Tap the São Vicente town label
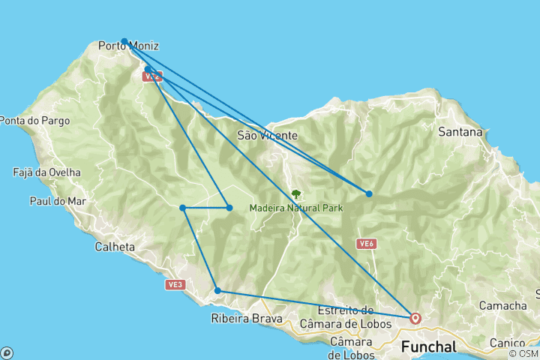pyautogui.click(x=268, y=136)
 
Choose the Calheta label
pyautogui.click(x=115, y=246)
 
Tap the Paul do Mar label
pyautogui.click(x=58, y=201)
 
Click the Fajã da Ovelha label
pyautogui.click(x=46, y=172)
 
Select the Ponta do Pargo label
pyautogui.click(x=35, y=120)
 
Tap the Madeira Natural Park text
pyautogui.click(x=295, y=208)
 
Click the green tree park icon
pyautogui.click(x=295, y=193)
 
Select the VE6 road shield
pyautogui.click(x=366, y=244)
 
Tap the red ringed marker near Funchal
pyautogui.click(x=415, y=318)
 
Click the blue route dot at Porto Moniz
pyautogui.click(x=124, y=41)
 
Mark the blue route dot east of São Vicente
pyautogui.click(x=369, y=193)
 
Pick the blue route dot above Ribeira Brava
pyautogui.click(x=217, y=290)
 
